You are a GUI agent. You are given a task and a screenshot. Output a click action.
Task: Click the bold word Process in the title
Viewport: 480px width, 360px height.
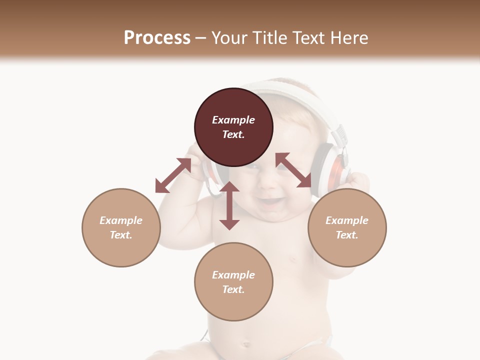(x=157, y=38)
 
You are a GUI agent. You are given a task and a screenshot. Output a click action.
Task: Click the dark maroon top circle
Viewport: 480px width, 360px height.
(x=233, y=127)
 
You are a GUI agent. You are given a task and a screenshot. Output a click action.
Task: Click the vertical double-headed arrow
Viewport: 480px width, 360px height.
(x=229, y=205)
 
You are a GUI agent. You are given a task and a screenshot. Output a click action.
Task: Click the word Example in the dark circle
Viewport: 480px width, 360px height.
(x=233, y=120)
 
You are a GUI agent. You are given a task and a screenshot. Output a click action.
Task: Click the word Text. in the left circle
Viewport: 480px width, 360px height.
(x=121, y=235)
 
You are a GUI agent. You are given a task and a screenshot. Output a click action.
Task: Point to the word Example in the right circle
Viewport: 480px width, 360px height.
(x=347, y=220)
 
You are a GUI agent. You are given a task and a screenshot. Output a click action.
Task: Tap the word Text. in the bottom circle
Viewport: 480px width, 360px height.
(x=233, y=289)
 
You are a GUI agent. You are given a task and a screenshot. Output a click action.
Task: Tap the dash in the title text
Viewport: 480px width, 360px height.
(x=200, y=38)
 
